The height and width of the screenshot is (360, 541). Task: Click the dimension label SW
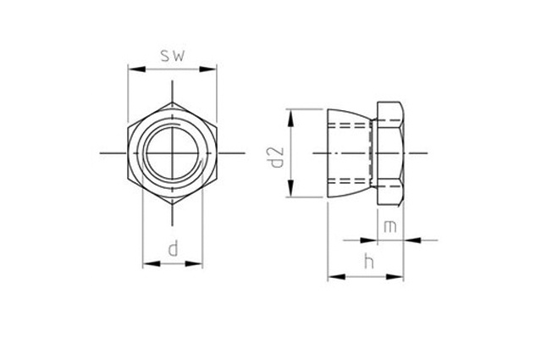173,56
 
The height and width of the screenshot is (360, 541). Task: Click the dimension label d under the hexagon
173,249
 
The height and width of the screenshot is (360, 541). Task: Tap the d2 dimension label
277,158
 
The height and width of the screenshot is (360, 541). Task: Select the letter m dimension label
390,227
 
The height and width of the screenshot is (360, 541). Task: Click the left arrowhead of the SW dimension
136,69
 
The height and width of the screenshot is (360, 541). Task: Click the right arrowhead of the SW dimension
207,69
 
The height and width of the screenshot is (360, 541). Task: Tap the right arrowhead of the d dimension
194,264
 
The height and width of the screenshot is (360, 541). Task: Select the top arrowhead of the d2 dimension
291,118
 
